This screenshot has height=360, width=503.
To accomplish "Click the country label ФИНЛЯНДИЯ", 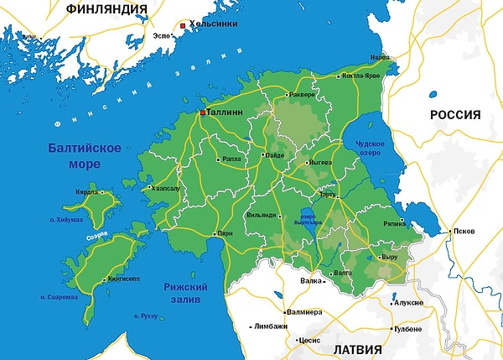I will [106, 10].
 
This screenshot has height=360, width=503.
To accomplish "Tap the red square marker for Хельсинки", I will [182, 26].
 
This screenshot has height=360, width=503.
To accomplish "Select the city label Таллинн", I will [226, 111].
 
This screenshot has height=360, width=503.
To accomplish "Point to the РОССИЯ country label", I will [455, 115].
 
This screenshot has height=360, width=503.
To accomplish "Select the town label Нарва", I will [381, 58].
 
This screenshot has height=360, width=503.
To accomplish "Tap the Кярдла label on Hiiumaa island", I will [88, 192].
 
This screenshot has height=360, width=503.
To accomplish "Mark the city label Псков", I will [463, 230].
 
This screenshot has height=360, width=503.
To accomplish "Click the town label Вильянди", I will [261, 215].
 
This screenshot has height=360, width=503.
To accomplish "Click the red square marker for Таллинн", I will [202, 111].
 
